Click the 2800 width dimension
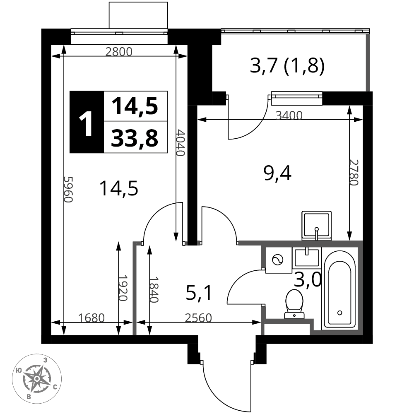coord(119,52)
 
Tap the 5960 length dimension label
coord(68,189)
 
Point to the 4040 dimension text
coord(180,142)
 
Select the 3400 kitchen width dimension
coord(289,116)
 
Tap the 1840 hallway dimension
coord(154,289)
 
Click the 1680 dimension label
coord(91,318)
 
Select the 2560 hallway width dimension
coord(198,318)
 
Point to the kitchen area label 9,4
coord(277,174)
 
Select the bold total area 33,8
coord(135,138)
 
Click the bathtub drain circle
coord(340,313)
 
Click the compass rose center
coord(37,379)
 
